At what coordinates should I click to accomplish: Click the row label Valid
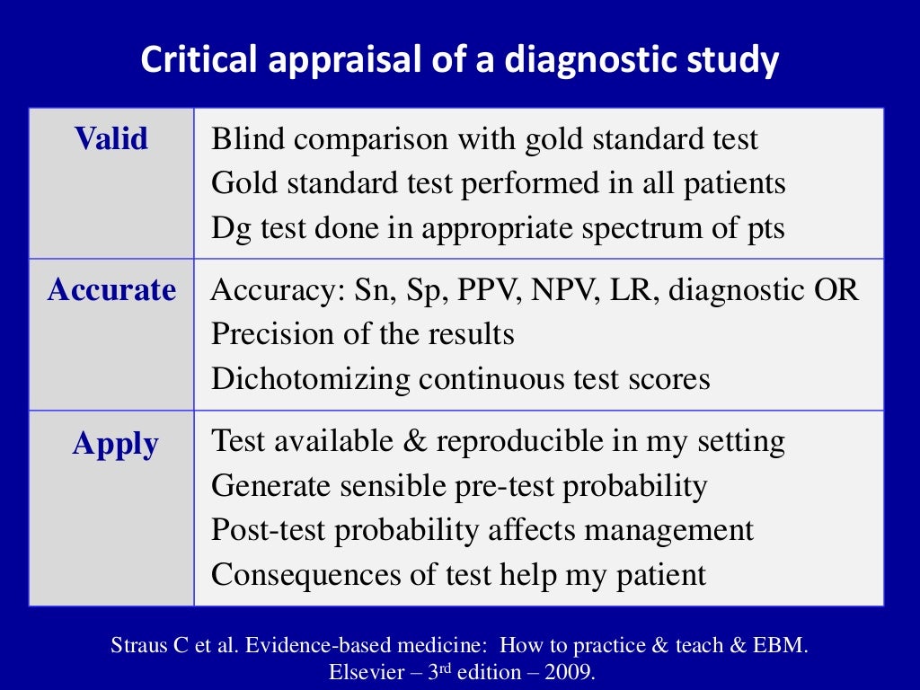[x=111, y=139]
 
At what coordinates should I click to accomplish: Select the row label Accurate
[x=111, y=290]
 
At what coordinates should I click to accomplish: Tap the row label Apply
[x=115, y=444]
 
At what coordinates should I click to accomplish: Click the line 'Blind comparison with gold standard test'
[x=484, y=140]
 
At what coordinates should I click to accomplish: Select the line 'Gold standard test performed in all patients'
[x=498, y=184]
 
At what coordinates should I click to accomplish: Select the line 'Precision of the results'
[x=362, y=335]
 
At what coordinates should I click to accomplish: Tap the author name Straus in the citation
[x=137, y=646]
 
